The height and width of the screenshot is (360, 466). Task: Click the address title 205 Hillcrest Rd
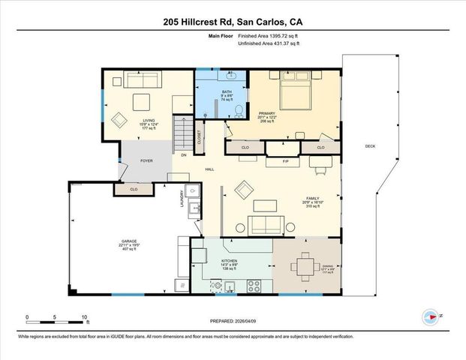(x=233, y=22)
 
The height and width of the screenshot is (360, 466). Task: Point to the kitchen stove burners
(x=254, y=286)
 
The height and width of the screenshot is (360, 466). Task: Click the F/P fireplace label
(x=285, y=161)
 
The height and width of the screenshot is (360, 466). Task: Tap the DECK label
(x=370, y=145)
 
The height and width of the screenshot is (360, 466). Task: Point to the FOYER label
(x=146, y=160)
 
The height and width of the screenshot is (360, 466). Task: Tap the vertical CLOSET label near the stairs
(x=199, y=137)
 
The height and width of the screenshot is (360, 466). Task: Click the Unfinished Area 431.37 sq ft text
(x=268, y=44)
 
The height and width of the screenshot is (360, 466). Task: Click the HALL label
(x=210, y=169)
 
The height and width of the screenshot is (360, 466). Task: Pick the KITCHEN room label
(x=229, y=262)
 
